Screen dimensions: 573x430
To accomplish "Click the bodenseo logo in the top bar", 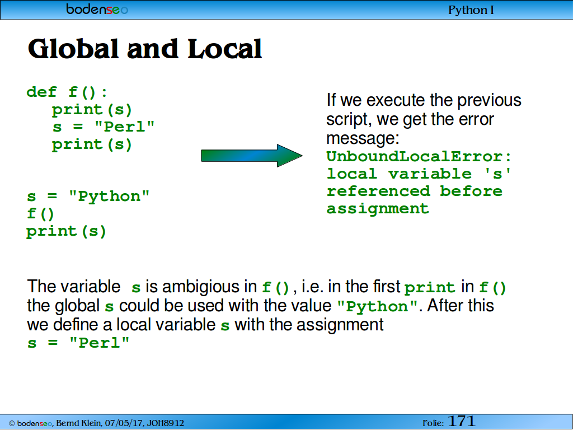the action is [x=97, y=9].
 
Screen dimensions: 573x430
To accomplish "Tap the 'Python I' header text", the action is [x=471, y=10].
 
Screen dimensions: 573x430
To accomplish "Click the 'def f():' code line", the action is [x=67, y=92].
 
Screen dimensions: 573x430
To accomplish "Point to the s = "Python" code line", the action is [x=88, y=197].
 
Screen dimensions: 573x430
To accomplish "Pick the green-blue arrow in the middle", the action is [x=252, y=156].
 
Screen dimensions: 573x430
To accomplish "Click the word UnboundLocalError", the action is [x=415, y=157].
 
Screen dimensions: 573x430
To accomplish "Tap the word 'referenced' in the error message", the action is [x=378, y=191].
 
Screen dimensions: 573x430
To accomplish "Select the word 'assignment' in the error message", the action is [x=378, y=209].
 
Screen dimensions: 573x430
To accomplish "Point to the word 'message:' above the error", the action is [x=363, y=138].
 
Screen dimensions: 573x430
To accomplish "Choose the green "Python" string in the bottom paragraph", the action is [x=377, y=306].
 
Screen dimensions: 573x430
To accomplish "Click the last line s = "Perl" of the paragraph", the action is [x=78, y=343].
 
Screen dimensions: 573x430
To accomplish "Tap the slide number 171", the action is [x=461, y=421].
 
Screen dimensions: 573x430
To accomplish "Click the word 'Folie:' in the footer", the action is [x=434, y=423].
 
